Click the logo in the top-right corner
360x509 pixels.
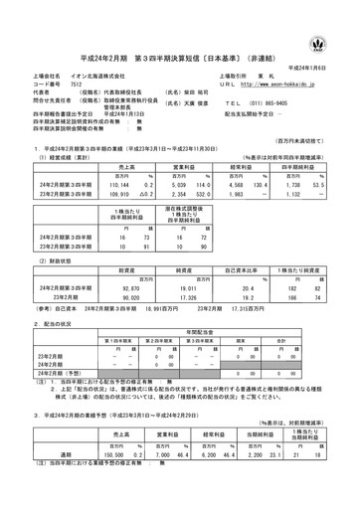point(344,17)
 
